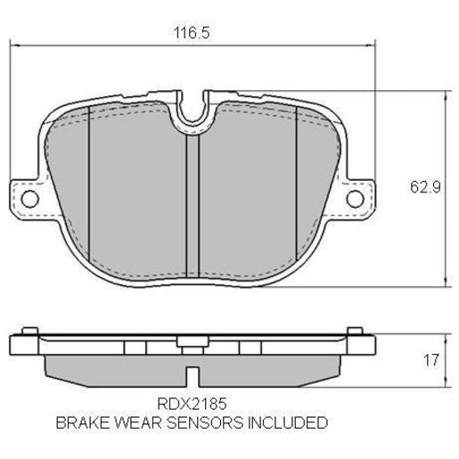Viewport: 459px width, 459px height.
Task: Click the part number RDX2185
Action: point(186,402)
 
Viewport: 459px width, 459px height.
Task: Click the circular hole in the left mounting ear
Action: point(27,198)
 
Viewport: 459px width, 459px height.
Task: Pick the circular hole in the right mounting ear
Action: point(357,198)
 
